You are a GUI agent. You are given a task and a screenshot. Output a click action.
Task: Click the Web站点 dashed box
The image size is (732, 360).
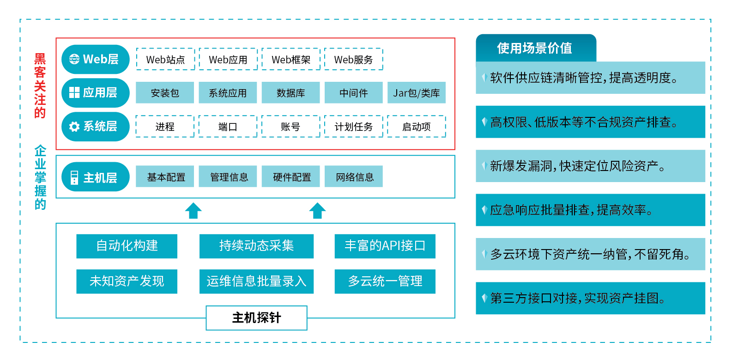click(165, 59)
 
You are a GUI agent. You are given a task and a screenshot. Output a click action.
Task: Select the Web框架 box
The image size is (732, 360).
click(291, 59)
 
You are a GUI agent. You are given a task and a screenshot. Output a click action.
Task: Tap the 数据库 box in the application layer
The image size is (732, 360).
click(290, 93)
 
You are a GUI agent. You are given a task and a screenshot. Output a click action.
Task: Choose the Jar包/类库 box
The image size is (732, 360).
click(416, 93)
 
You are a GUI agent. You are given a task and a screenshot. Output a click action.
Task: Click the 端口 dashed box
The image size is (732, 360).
click(228, 126)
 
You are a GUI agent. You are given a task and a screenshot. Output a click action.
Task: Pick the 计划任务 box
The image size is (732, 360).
click(354, 126)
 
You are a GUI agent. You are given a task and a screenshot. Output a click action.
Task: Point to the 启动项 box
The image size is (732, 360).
click(416, 126)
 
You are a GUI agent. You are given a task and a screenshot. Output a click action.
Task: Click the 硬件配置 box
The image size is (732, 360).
click(290, 177)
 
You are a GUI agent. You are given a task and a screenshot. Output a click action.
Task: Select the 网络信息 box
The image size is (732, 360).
click(354, 177)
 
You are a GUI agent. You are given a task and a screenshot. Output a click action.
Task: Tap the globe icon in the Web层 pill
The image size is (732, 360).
click(74, 59)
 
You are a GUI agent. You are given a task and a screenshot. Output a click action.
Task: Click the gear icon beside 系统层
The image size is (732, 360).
click(74, 127)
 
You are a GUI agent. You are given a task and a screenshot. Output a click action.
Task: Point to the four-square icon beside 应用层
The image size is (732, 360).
click(74, 92)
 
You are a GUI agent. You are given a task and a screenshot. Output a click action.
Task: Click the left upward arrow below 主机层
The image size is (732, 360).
click(193, 211)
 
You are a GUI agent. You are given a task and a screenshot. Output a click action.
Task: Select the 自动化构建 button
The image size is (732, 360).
click(127, 246)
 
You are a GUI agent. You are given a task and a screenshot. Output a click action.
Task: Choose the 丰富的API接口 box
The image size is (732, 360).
click(385, 246)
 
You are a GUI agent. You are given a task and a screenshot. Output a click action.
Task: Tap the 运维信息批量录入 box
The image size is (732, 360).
click(256, 281)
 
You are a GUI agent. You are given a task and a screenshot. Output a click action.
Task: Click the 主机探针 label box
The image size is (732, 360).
click(256, 318)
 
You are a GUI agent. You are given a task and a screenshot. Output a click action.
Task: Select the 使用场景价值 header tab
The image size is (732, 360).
click(536, 48)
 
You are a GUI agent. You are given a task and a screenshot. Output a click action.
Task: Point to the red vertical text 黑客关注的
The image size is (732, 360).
click(40, 85)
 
